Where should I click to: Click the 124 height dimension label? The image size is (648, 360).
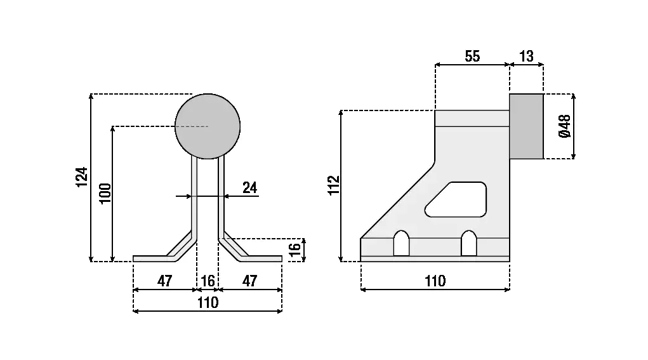[x=81, y=177]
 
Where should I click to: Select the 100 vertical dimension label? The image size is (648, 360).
[x=105, y=193]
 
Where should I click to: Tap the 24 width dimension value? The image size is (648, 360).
[x=250, y=187]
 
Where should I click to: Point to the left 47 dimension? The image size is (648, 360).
[x=164, y=281]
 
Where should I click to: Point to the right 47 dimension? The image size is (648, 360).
[x=250, y=281]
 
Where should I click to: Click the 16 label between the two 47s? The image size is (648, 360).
[x=208, y=281]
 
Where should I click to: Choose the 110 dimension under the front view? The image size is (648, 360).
[x=208, y=302]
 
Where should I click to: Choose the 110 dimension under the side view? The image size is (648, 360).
[x=435, y=281]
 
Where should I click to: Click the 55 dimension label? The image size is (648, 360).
[x=472, y=56]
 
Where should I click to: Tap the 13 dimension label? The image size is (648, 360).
[x=526, y=56]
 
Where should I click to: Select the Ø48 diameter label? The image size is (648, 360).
[x=564, y=126]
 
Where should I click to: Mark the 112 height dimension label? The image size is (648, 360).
[x=334, y=185]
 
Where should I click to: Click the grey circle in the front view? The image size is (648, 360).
[x=208, y=126]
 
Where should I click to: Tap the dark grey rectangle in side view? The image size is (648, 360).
[x=526, y=126]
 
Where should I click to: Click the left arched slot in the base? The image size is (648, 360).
[x=401, y=243]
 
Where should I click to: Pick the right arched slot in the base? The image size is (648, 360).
[x=468, y=243]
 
